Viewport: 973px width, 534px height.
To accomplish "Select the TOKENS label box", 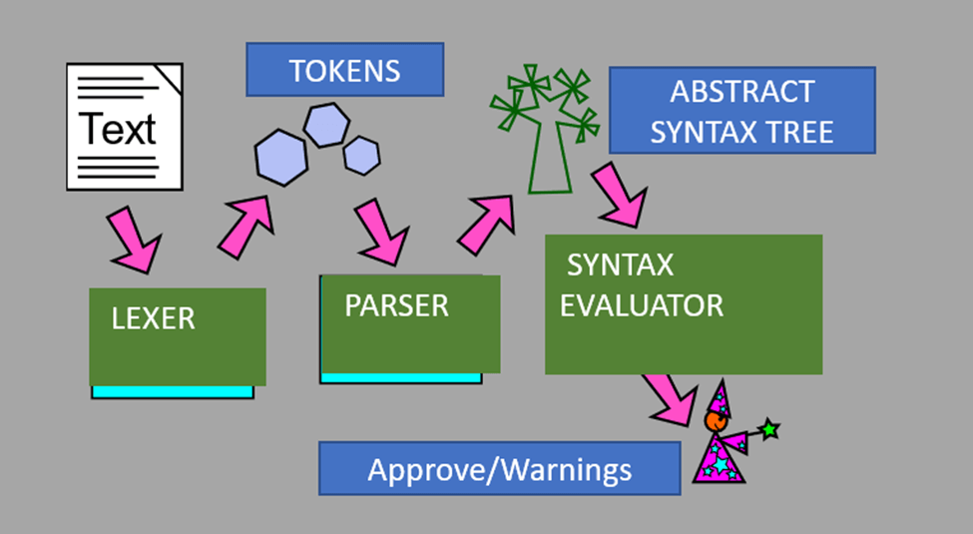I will (344, 70).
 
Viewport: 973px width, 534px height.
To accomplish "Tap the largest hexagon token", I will (281, 158).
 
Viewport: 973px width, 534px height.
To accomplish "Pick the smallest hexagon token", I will (361, 155).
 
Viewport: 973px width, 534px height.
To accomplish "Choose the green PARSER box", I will (409, 323).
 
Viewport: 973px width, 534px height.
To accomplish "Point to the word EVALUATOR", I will (642, 305).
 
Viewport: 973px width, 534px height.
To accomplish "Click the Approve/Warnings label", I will (499, 469).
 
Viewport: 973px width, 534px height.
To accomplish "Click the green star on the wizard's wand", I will (768, 430).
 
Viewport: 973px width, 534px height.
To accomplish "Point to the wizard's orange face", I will (716, 421).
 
